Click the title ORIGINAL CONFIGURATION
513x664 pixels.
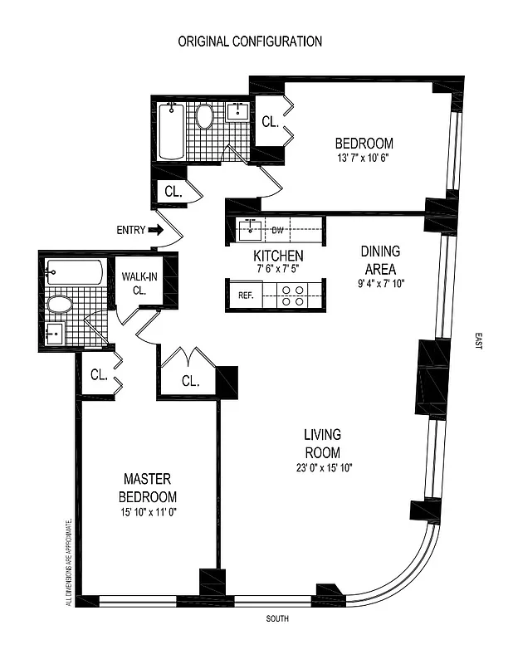pos(250,41)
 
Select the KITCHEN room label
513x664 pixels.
pos(278,256)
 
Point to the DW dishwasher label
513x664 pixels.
pos(278,229)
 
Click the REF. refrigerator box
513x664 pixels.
pos(245,295)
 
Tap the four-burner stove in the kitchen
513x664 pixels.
pos(292,295)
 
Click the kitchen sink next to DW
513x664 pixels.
pos(249,228)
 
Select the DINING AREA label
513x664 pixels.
pos(381,260)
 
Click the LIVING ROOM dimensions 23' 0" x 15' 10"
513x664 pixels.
pos(322,467)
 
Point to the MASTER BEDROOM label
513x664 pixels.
pos(147,487)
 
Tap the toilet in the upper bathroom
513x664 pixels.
pos(204,116)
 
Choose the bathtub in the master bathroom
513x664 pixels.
pos(75,271)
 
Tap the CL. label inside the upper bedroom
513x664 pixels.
pos(270,121)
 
